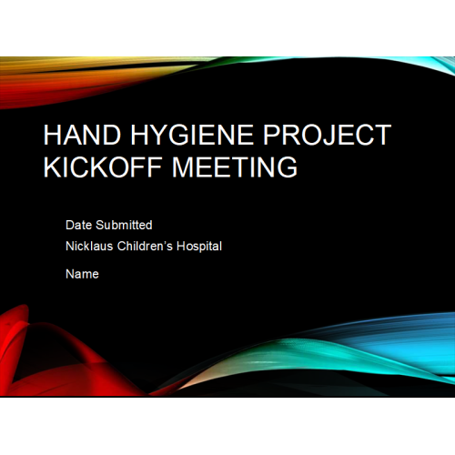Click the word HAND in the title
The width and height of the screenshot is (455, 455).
coord(82,135)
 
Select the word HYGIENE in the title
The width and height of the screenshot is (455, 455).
coord(192,135)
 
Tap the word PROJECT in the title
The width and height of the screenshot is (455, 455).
coord(327,135)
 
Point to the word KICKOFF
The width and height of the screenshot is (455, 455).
coord(103,167)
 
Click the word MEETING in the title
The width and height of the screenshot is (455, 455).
coord(235,167)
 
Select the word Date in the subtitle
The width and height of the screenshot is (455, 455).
coord(79,225)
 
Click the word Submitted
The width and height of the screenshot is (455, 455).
coord(124,225)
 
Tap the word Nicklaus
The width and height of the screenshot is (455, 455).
coord(89,246)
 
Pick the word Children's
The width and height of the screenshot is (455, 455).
coord(145,246)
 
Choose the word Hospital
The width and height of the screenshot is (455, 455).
coord(199,247)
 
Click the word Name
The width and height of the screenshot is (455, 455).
coord(82,274)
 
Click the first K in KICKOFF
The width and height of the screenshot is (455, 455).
coord(53,167)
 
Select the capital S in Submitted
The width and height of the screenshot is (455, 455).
coord(100,225)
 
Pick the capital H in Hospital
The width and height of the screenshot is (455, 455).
coord(181,246)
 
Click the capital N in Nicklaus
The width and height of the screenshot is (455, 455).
coord(70,246)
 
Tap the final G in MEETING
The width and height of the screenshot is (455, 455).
coord(288,167)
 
